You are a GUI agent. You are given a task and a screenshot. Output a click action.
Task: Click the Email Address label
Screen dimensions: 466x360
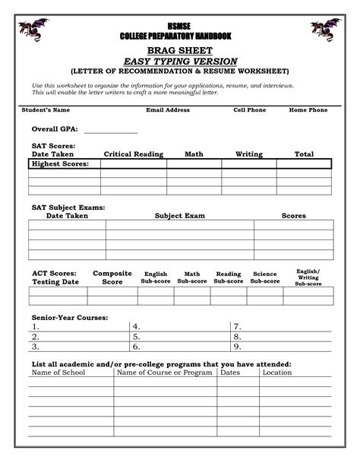[x=168, y=110]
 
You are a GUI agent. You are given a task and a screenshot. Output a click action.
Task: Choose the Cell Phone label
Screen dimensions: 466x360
[x=249, y=110]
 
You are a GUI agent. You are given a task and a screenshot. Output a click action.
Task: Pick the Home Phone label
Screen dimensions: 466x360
[x=308, y=110]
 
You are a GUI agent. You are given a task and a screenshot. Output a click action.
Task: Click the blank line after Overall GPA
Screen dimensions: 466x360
[x=110, y=131]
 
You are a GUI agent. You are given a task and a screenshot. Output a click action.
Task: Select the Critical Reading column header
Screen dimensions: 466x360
[x=134, y=154]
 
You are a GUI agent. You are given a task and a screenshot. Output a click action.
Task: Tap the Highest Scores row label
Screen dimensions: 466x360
[x=60, y=163]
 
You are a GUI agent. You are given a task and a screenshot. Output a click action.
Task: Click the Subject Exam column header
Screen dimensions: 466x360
[x=180, y=216]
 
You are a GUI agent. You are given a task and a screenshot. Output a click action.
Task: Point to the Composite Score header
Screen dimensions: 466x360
[x=112, y=277]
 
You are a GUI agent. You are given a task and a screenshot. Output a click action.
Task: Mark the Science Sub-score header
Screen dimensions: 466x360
[x=265, y=277]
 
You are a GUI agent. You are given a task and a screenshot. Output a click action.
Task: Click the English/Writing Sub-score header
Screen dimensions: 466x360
[x=308, y=277]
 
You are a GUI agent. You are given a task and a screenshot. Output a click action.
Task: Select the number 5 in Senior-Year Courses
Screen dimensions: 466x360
[x=137, y=336]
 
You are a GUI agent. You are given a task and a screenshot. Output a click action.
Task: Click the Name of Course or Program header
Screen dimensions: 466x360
[x=164, y=373]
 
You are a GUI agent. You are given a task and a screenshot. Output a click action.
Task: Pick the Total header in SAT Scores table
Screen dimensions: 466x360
[x=304, y=154]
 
